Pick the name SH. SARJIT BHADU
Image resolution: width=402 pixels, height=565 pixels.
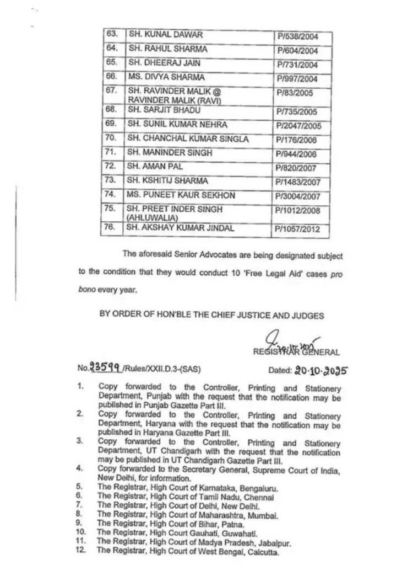pos(156,111)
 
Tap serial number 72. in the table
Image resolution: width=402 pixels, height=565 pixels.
pos(111,166)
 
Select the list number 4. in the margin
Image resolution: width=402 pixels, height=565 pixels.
pos(81,467)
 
